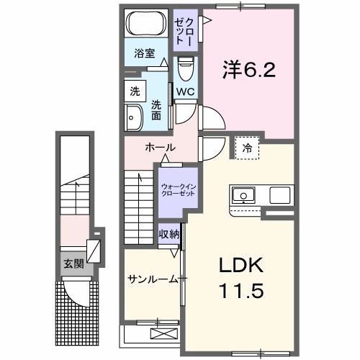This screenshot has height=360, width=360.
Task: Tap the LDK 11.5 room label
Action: coord(241,279)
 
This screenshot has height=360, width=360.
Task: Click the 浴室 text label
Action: coord(145,53)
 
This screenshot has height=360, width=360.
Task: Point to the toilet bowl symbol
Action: coord(185,70)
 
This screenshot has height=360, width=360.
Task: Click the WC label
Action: coord(185,93)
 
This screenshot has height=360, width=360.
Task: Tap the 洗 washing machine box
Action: coord(134,91)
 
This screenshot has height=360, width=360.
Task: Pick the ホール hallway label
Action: coord(160,148)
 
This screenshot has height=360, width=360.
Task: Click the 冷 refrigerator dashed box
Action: coord(247,148)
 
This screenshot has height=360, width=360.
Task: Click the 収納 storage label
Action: coord(169,235)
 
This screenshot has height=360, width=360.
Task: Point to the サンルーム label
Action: coord(152,279)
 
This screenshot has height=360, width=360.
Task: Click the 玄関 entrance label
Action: coord(73,264)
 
